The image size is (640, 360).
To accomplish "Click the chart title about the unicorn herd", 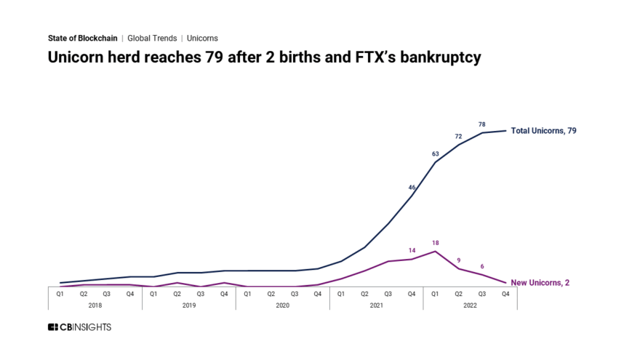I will coord(264,57).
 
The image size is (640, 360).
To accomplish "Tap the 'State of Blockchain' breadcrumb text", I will coord(82,38).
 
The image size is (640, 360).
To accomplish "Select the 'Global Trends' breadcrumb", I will coord(152,38).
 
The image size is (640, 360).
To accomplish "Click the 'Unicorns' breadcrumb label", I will coord(202,38).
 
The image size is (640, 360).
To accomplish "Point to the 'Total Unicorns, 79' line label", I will coord(543,131).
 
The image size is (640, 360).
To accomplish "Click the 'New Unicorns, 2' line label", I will coord(540,282).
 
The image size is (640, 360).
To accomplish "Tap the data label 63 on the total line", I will coord(435,153).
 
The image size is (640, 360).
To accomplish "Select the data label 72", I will coord(458,136).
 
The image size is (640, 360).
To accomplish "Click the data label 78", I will coord(481,124).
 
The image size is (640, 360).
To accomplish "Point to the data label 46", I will coord(412,187).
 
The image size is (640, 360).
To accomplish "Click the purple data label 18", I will coord(435,243).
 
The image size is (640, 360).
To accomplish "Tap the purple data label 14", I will coord(412,250).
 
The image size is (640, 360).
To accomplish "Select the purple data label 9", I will coord(458,260).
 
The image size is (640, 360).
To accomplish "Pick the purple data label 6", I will coord(481,266).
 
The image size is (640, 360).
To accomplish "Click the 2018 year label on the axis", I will coord(95,305).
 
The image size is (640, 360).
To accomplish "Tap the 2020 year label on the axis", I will coord(282,305).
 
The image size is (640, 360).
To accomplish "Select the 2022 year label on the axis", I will coord(470,305).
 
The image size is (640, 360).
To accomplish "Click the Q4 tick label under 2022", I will coord(505,294).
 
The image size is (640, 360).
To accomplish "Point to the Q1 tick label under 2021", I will coord(341,294).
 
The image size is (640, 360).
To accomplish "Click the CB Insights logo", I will coord(79,327).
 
